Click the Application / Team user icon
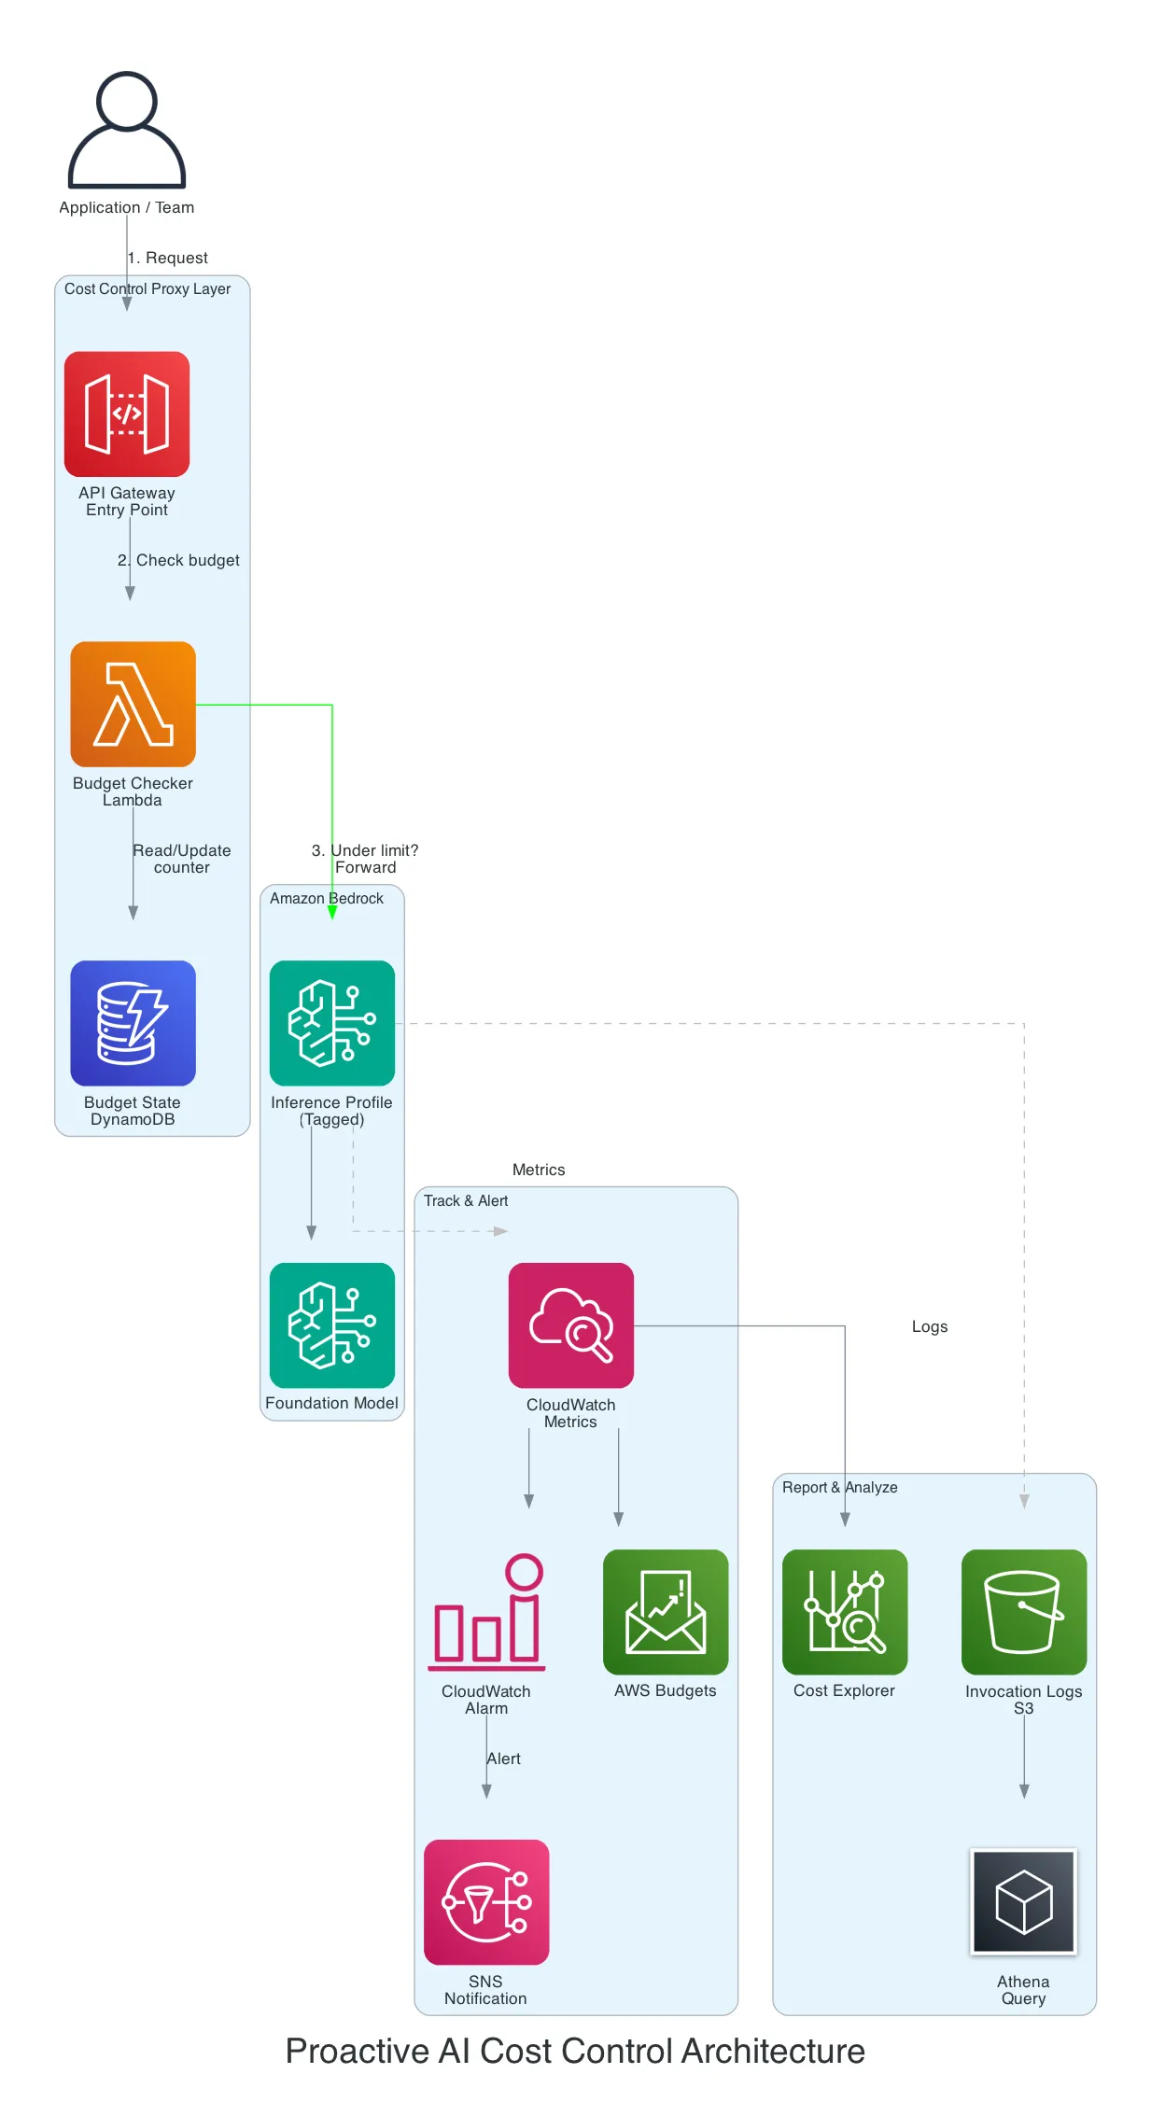[127, 131]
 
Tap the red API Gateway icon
[127, 413]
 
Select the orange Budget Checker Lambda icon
[133, 704]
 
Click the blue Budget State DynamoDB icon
[133, 1023]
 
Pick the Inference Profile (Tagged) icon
[331, 1023]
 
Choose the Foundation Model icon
[331, 1324]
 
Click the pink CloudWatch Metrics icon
[570, 1324]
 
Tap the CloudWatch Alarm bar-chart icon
[486, 1612]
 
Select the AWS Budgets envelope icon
[665, 1612]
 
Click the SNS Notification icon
[486, 1901]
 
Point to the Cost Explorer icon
[844, 1612]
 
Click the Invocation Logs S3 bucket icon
[1023, 1612]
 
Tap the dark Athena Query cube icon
[1023, 1901]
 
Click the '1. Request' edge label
[168, 258]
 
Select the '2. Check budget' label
[179, 560]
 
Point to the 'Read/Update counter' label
[182, 859]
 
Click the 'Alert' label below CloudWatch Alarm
[504, 1759]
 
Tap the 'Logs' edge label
[929, 1326]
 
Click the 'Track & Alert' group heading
[466, 1200]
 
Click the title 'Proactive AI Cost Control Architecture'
[575, 2051]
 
